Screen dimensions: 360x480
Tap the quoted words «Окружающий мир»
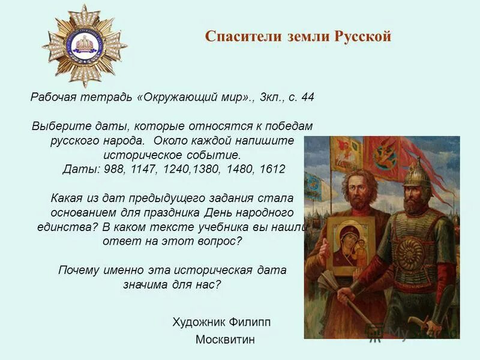pyautogui.click(x=196, y=97)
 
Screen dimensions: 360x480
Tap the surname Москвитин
pyautogui.click(x=225, y=340)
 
